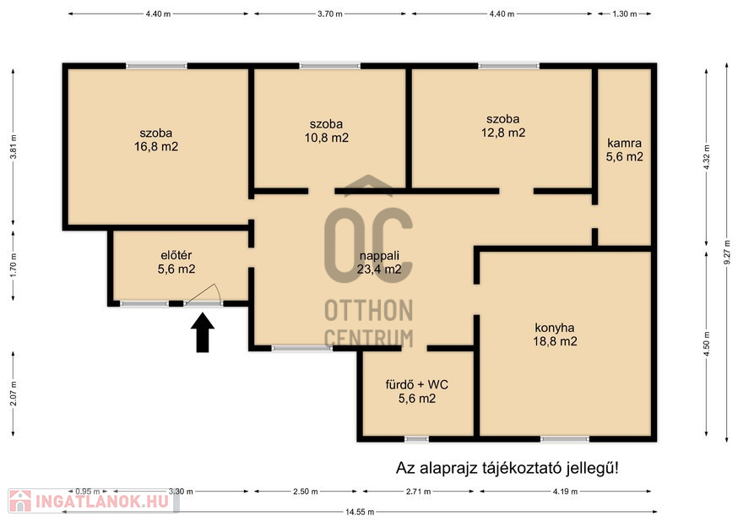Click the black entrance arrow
click(203, 333)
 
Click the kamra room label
click(624, 143)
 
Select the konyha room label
click(555, 328)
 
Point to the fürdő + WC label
click(416, 384)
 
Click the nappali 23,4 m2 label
click(379, 263)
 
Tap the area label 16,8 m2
click(156, 147)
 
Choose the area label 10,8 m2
click(327, 138)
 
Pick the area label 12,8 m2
click(503, 133)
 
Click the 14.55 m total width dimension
click(360, 512)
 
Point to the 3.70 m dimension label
click(329, 14)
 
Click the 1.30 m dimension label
click(625, 14)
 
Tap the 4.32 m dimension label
click(707, 158)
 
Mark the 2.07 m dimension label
click(14, 394)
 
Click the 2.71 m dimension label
click(418, 492)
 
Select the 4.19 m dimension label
click(565, 492)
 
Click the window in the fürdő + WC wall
click(416, 439)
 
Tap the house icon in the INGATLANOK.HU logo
click(19, 501)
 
